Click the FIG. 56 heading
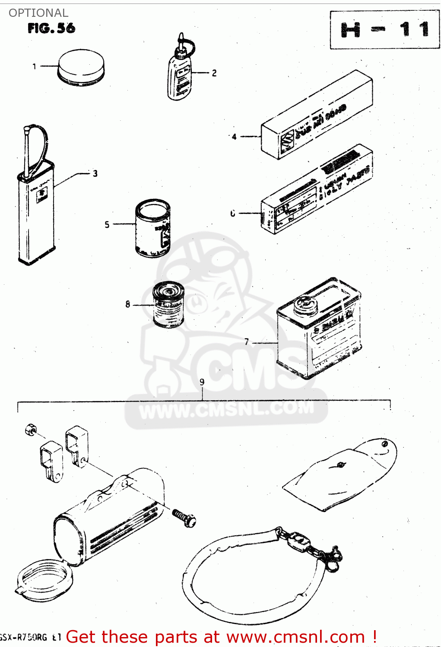[51, 28]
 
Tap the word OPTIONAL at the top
[38, 13]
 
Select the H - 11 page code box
[384, 30]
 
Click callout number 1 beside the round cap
[34, 66]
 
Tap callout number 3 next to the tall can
[95, 173]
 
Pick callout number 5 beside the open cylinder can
[107, 224]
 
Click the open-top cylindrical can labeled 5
[153, 228]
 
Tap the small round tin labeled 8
[168, 304]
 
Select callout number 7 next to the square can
[247, 342]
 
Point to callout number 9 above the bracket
[202, 382]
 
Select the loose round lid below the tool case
[44, 580]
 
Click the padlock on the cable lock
[298, 540]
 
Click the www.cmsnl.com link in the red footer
[295, 637]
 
